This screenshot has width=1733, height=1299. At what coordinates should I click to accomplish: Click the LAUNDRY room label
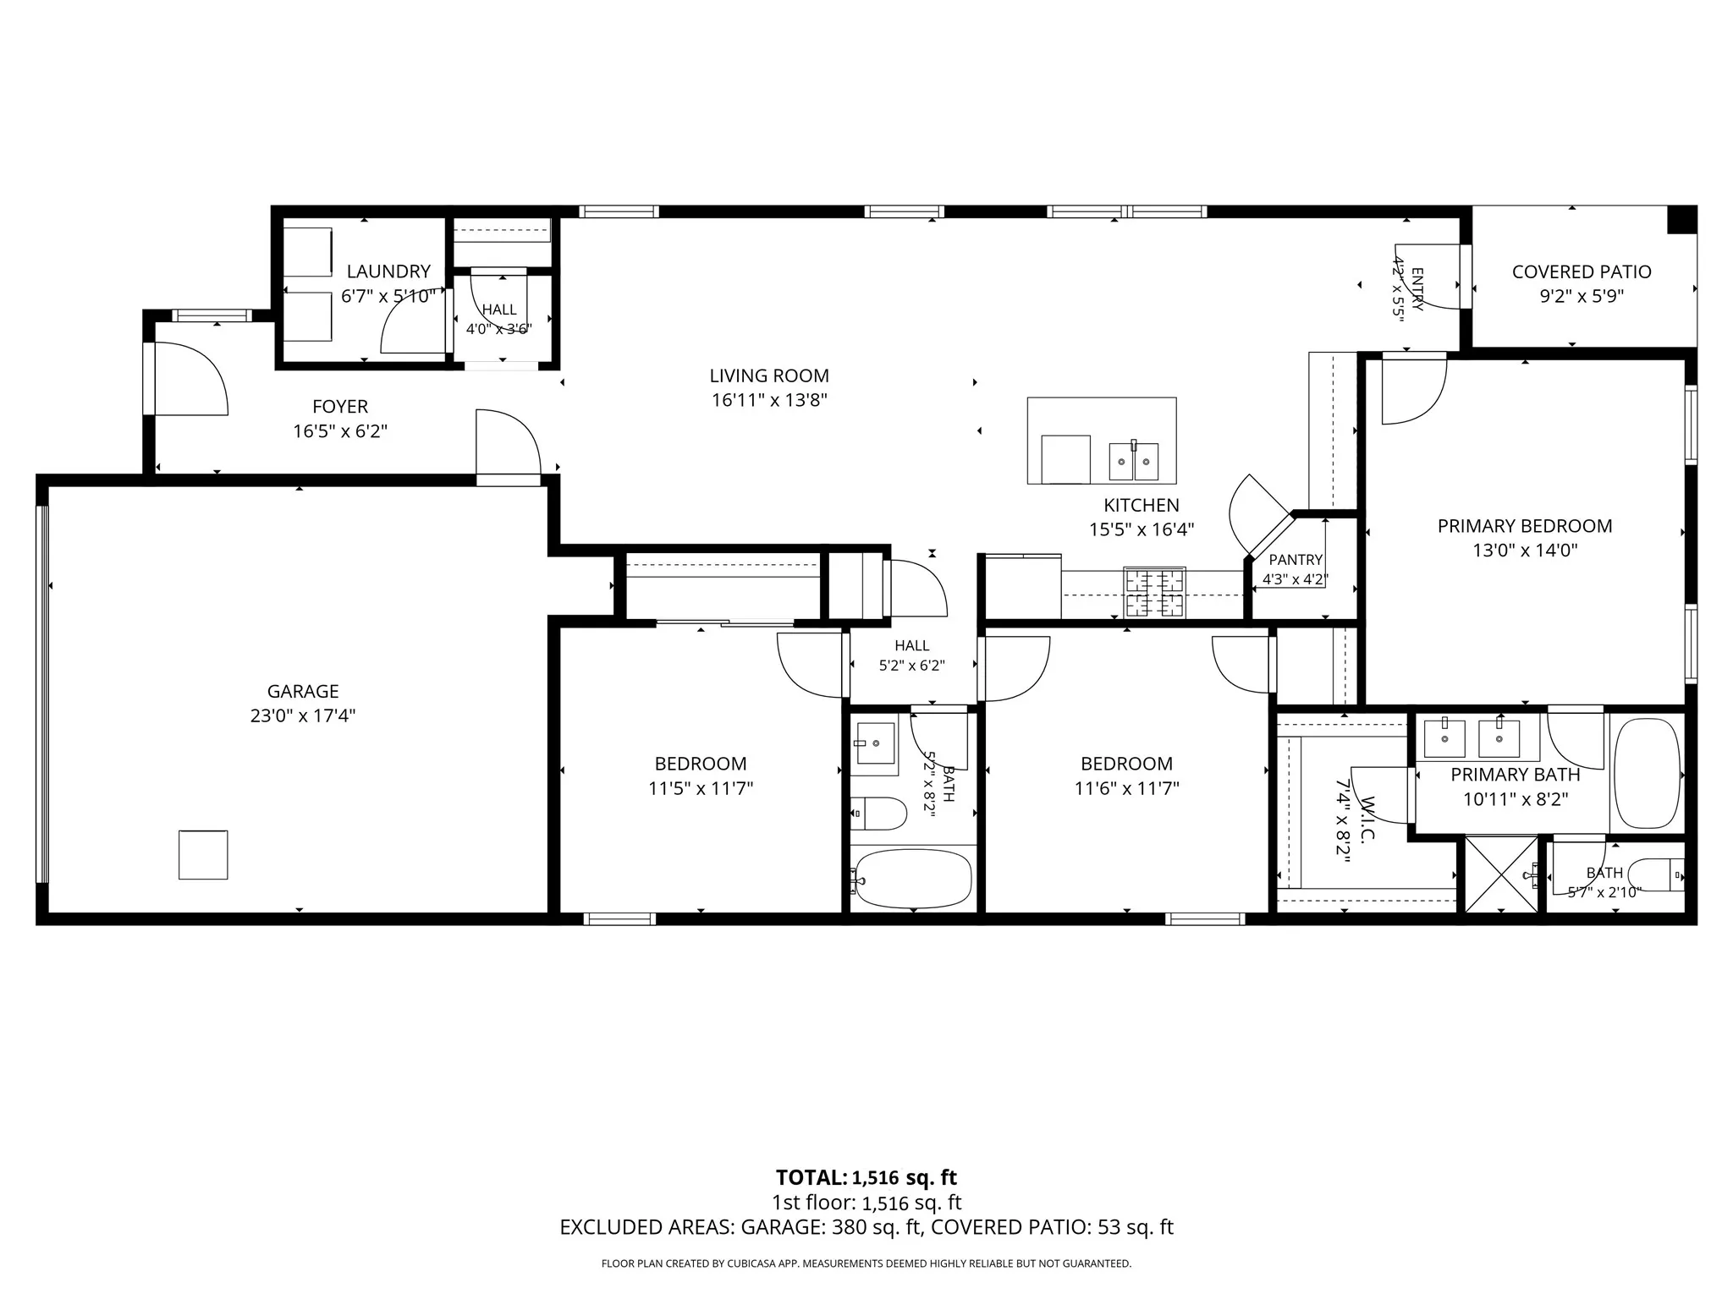[388, 271]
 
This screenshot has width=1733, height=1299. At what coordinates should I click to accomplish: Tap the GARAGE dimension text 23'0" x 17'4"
[303, 716]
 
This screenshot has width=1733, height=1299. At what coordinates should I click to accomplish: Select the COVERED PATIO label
[1582, 271]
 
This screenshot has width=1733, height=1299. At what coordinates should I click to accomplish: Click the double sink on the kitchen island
[1134, 461]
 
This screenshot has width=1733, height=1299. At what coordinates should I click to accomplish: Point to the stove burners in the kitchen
[1154, 592]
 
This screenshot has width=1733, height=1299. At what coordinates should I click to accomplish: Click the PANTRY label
[1296, 560]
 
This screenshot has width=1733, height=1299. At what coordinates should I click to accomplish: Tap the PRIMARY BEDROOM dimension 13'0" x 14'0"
[1525, 551]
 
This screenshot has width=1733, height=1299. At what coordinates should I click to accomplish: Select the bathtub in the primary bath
[1647, 773]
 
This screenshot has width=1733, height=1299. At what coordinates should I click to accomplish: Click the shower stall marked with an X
[1501, 874]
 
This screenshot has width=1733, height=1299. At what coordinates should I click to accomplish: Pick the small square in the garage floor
[203, 855]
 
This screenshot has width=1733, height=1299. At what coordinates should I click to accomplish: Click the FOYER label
[340, 407]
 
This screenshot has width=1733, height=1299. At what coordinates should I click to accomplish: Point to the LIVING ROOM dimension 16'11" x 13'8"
[769, 400]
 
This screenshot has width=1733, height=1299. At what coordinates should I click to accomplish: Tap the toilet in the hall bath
[878, 814]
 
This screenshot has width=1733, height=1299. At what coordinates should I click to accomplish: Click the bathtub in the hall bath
[912, 880]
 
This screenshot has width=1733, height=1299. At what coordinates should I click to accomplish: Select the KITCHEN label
[1142, 505]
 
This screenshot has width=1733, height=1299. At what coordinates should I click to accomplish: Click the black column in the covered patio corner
[1681, 220]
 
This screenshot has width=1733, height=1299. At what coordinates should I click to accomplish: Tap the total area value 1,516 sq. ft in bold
[904, 1177]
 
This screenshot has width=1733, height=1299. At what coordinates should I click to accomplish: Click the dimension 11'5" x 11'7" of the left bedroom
[701, 789]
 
